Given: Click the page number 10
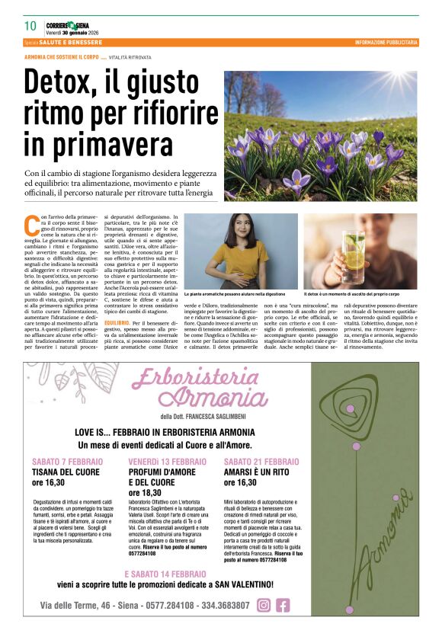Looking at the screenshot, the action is [30, 26].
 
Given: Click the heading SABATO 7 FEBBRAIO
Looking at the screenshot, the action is [67, 462].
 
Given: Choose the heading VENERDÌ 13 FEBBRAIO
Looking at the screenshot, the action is [167, 462].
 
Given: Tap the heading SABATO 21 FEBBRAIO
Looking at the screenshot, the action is [261, 462].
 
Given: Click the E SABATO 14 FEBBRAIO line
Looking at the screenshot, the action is [165, 573].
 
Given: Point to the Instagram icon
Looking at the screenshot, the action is [264, 605].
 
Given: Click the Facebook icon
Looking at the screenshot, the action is [283, 605].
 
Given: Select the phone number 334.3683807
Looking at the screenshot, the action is [220, 606].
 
